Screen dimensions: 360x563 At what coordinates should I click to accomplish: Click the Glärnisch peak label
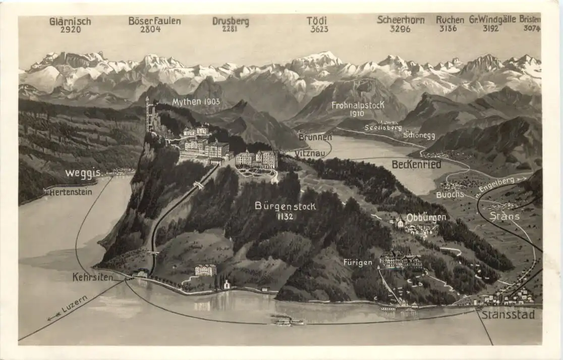(x=70, y=21)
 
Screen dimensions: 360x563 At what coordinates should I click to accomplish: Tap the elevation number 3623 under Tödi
(x=319, y=29)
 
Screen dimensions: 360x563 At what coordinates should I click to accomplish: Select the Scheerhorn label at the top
(x=401, y=20)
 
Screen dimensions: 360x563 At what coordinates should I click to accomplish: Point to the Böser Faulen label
(x=154, y=21)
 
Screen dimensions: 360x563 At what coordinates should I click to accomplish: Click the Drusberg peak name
(x=230, y=22)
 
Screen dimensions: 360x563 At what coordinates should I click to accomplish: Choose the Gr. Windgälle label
(x=492, y=20)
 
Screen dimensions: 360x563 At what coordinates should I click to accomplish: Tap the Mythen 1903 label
(x=196, y=102)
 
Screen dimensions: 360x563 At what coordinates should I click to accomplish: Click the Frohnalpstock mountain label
(x=358, y=105)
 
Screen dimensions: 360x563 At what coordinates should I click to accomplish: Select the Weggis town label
(x=83, y=173)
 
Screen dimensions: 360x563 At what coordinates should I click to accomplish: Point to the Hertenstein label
(x=71, y=192)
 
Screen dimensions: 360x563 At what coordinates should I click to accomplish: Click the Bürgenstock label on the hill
(x=285, y=206)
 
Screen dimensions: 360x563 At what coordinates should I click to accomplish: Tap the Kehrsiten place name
(x=92, y=277)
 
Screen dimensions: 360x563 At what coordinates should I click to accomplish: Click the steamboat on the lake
(x=289, y=321)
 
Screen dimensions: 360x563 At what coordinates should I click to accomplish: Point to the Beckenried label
(x=416, y=164)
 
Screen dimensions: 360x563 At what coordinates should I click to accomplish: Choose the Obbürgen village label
(x=426, y=217)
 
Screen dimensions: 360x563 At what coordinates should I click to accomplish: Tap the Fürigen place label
(x=358, y=262)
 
